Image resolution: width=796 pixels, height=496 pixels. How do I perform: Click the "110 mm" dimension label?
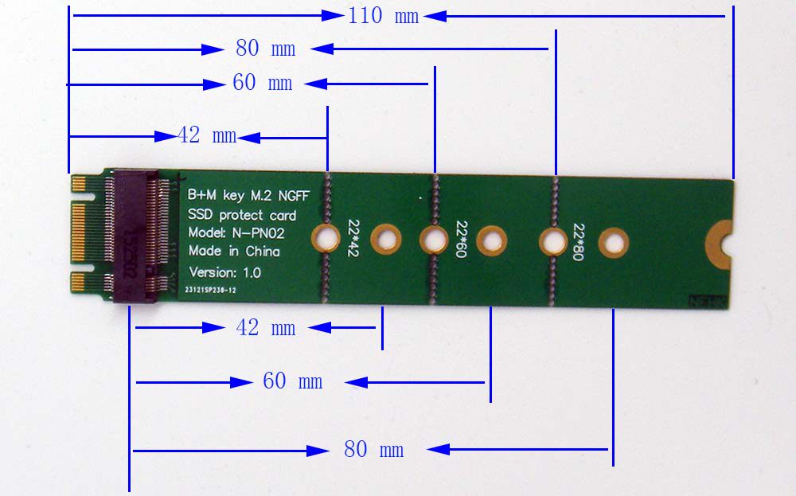click(383, 16)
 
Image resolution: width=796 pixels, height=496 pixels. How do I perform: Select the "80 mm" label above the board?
click(265, 49)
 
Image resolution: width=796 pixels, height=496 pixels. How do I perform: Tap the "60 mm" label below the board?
click(292, 381)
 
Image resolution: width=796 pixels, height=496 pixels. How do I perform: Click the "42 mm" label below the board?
click(265, 327)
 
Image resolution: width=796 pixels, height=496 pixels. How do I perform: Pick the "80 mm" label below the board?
click(373, 449)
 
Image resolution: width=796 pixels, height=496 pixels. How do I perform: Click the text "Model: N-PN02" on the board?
click(236, 233)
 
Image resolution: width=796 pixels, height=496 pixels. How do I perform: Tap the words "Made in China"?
click(234, 252)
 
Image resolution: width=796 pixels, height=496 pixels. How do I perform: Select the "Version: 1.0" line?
click(224, 272)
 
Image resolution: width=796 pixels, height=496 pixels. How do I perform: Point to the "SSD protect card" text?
click(242, 215)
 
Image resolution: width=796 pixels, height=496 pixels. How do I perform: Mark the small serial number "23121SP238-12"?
click(209, 291)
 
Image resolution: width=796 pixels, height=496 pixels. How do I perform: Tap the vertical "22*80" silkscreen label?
click(579, 241)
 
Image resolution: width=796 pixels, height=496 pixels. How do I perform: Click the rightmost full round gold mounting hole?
click(613, 242)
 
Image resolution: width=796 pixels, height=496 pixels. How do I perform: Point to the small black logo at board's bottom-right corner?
click(704, 302)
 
